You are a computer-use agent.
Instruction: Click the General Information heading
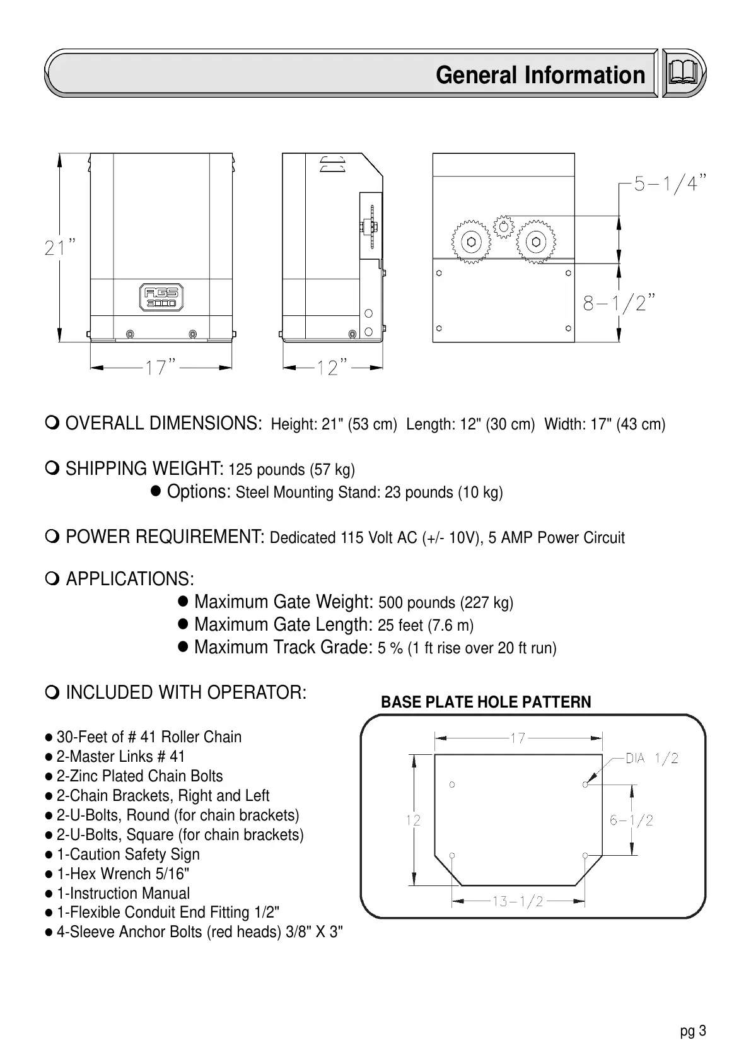(x=540, y=75)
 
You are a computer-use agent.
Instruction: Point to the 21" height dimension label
(x=61, y=248)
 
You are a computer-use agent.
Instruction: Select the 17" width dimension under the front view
(x=160, y=366)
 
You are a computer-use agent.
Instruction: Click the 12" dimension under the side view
(x=332, y=366)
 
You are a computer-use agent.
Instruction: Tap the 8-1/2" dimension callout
(x=619, y=303)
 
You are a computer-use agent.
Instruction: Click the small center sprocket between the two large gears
(x=503, y=226)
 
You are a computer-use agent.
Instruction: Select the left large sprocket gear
(x=470, y=242)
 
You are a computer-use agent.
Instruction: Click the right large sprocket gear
(x=536, y=242)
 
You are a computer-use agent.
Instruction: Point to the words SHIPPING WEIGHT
(x=144, y=469)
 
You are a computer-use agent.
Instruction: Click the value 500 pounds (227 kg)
(x=445, y=603)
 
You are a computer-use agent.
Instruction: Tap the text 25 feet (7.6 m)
(x=426, y=626)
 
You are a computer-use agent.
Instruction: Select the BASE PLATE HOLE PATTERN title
(x=486, y=703)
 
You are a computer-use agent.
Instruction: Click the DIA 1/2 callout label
(x=651, y=759)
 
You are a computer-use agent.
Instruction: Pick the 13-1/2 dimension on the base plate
(x=517, y=901)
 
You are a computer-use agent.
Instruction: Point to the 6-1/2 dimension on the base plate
(x=631, y=820)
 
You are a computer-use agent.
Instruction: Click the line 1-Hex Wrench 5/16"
(x=123, y=874)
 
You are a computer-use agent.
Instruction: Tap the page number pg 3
(x=693, y=1032)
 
